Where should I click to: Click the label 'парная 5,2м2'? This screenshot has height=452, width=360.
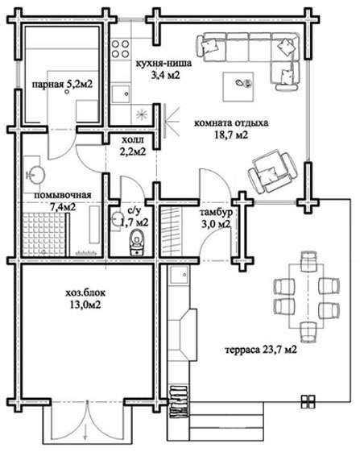pyautogui.click(x=62, y=85)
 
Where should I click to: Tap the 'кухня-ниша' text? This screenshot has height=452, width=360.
pyautogui.click(x=163, y=63)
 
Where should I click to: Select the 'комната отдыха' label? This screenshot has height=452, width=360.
pyautogui.click(x=231, y=123)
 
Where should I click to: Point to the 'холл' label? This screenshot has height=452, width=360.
pyautogui.click(x=132, y=140)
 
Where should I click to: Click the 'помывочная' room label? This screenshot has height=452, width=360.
pyautogui.click(x=63, y=195)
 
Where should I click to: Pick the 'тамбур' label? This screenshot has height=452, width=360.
pyautogui.click(x=216, y=213)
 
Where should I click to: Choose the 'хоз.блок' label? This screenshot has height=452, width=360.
pyautogui.click(x=85, y=293)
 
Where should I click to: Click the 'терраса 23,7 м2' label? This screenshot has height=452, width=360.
pyautogui.click(x=261, y=350)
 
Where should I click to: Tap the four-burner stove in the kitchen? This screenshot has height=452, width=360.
pyautogui.click(x=120, y=48)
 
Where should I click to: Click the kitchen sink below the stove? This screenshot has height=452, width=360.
pyautogui.click(x=121, y=93)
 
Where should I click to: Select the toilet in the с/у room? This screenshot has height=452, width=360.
pyautogui.click(x=137, y=243)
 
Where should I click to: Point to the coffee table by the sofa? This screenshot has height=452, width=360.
pyautogui.click(x=238, y=86)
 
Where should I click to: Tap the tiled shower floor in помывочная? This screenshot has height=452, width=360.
pyautogui.click(x=43, y=234)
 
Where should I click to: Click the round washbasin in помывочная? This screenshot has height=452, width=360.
pyautogui.click(x=35, y=174)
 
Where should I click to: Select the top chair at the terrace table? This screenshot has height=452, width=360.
pyautogui.click(x=308, y=261)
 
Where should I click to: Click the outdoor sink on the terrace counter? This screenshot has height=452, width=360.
pyautogui.click(x=180, y=275)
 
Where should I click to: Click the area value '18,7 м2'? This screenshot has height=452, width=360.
pyautogui.click(x=231, y=135)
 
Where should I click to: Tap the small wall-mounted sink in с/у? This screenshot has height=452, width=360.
pyautogui.click(x=116, y=221)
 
